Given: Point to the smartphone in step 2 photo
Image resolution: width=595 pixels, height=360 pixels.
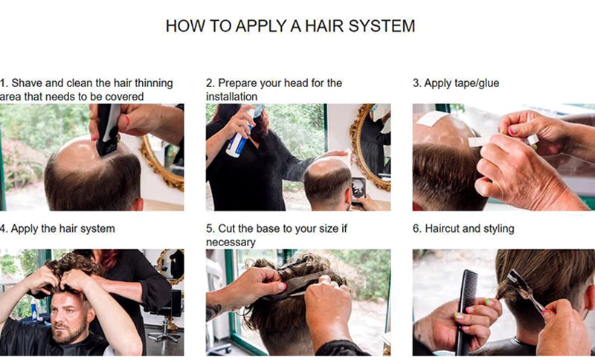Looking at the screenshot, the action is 358,188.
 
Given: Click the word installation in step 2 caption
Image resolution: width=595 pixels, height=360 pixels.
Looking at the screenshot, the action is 231,97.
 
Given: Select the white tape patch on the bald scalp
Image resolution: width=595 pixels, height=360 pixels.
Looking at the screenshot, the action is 432,118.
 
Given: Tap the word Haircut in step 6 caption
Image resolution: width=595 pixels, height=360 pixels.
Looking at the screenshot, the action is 442,229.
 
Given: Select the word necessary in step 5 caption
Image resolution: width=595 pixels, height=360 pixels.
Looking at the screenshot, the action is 231,242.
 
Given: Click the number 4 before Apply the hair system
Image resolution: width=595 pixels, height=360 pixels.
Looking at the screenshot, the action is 3,229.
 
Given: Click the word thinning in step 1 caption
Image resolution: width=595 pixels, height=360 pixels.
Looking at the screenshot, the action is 154,83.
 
